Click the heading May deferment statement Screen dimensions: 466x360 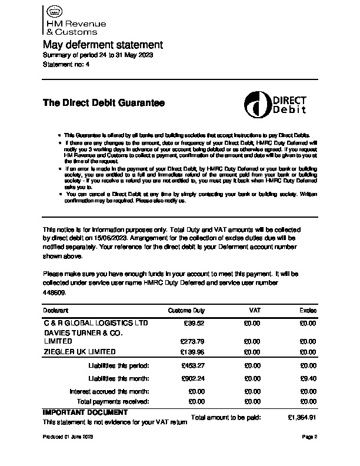[x=102, y=45]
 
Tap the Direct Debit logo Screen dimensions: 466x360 [x=274, y=105]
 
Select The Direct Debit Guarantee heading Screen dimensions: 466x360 [x=104, y=103]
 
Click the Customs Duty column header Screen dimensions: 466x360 [x=186, y=310]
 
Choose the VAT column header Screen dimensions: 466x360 [x=255, y=310]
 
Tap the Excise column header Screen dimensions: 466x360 [x=308, y=310]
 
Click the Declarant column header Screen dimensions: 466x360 [x=56, y=310]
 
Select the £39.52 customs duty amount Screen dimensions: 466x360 [x=194, y=323]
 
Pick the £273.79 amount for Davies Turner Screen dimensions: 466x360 [x=192, y=341]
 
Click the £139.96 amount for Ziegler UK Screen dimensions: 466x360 [x=192, y=352]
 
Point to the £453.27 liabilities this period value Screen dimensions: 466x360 [x=192, y=365]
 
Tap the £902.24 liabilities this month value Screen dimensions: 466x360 [x=192, y=378]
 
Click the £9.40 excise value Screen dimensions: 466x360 [x=308, y=378]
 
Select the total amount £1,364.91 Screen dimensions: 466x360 [x=302, y=417]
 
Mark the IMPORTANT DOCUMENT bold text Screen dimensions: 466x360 [x=85, y=412]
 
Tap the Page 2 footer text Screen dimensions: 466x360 [x=310, y=437]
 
